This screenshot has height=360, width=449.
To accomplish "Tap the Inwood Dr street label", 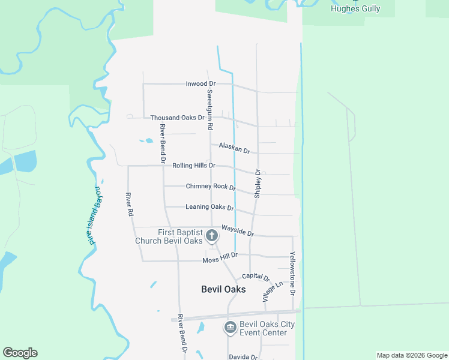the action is click(200, 83).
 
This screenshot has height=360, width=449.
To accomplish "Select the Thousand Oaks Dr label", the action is click(177, 118).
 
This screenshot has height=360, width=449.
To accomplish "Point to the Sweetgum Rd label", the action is click(209, 110).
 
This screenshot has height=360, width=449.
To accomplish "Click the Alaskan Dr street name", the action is click(234, 148).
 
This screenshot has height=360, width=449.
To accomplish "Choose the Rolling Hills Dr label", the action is click(193, 165).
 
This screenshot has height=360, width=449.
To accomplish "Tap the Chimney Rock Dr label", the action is click(210, 187).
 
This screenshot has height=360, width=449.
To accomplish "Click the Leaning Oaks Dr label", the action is click(209, 207).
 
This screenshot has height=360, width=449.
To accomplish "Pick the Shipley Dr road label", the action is click(258, 183).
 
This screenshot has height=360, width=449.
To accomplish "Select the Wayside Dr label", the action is click(237, 230).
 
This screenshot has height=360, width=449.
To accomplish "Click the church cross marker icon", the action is click(211, 236).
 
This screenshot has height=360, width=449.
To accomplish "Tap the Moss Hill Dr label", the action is click(220, 258).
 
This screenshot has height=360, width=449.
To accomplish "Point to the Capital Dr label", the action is click(256, 277).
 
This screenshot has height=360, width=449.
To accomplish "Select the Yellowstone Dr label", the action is click(293, 273).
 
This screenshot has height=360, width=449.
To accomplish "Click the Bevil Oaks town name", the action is click(223, 289).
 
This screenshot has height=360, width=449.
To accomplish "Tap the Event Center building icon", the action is click(229, 328).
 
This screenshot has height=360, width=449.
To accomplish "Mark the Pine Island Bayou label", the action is click(90, 215).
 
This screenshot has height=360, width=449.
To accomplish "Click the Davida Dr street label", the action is click(243, 356).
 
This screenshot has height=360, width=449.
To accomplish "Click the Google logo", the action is click(20, 353).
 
